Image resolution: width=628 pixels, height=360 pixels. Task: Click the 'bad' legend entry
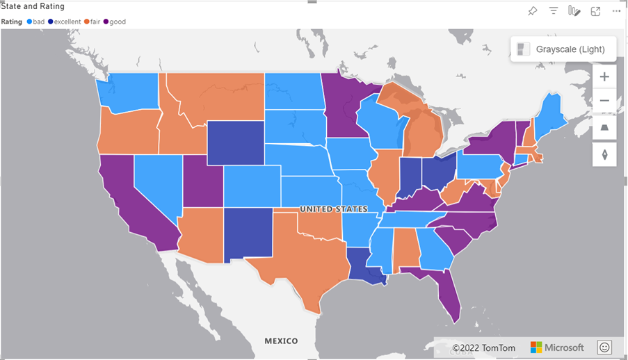pos(35,22)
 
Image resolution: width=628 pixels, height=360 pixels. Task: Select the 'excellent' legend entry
pos(65,22)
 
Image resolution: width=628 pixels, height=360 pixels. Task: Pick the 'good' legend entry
pos(115,22)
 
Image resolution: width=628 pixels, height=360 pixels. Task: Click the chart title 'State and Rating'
pos(33,6)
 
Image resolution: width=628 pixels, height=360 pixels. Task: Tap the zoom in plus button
pos(604,76)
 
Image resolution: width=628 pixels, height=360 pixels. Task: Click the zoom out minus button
pos(604,101)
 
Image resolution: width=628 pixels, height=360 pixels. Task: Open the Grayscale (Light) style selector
pos(563,49)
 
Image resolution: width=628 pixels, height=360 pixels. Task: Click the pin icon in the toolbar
pos(532,10)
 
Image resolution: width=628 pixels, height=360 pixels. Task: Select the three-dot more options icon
pos(616,10)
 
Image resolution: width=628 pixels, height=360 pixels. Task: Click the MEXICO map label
pos(281,341)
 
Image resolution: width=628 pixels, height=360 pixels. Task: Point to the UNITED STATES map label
pos(333,209)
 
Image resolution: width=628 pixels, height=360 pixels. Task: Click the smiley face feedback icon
pos(604,347)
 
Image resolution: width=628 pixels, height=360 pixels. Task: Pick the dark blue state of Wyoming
pos(235,142)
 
